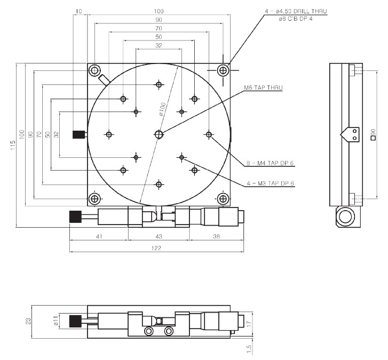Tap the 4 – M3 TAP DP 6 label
[271, 183]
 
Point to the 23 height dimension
[28, 321]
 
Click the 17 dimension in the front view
[249, 322]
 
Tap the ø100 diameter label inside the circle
[162, 109]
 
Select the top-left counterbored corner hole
[95, 70]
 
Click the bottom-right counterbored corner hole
[223, 199]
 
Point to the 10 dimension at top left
[79, 10]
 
